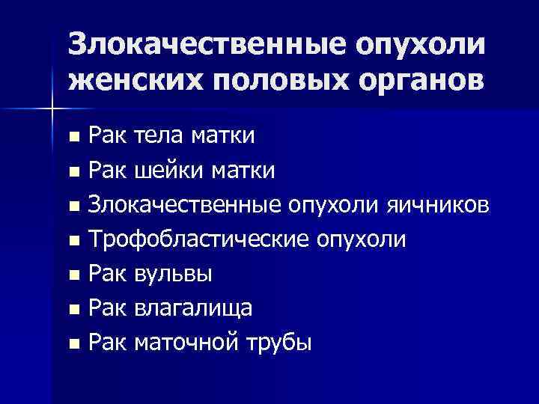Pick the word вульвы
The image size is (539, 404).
(172, 275)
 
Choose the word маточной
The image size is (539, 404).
(186, 343)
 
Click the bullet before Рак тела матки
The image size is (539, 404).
(73, 138)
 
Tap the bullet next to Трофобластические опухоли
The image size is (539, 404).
(73, 241)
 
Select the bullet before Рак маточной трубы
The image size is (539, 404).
(73, 344)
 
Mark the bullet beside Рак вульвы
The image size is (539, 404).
(73, 275)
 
